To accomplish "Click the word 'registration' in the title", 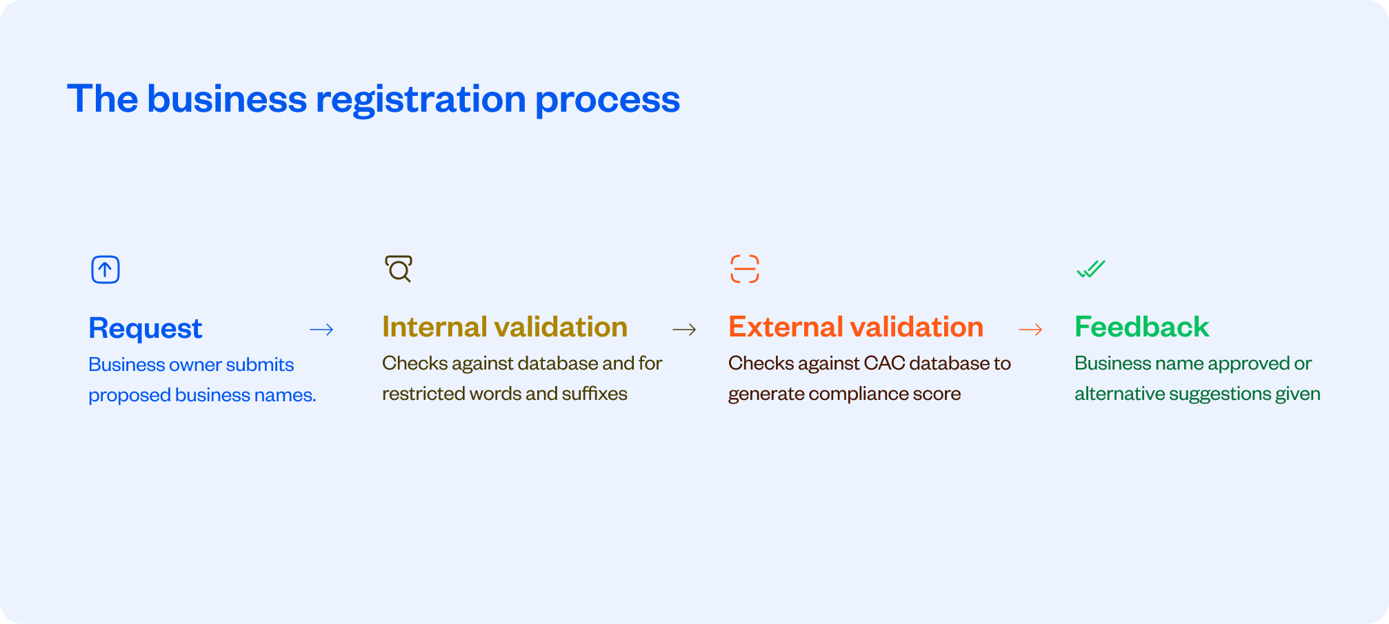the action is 421,100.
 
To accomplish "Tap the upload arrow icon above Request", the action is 106,269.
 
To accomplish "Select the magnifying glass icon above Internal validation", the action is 399,268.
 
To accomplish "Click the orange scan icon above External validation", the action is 745,269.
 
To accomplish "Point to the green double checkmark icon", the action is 1091,269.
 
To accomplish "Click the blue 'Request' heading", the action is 146,328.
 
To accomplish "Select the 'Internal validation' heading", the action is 505,327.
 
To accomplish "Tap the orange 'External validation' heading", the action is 856,327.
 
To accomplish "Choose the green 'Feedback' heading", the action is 1142,327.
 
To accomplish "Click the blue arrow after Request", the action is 321,330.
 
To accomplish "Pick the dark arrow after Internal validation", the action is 684,330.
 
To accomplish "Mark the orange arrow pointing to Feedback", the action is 1030,330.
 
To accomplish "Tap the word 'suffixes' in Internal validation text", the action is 594,394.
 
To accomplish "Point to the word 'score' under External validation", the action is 938,394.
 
